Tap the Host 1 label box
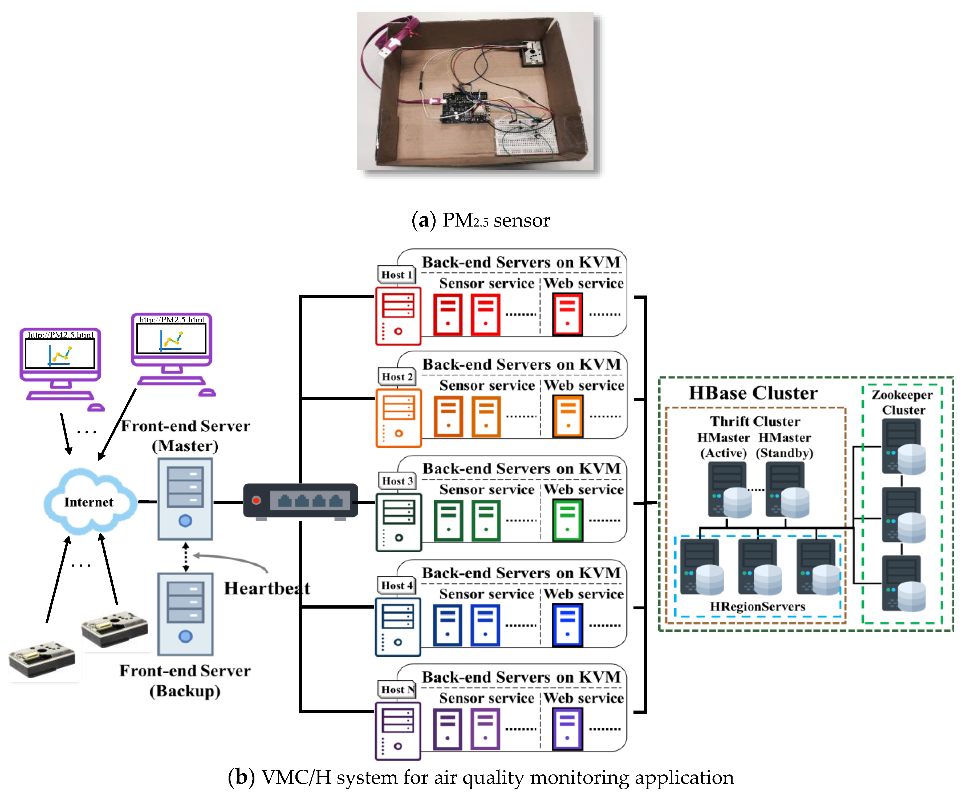point(396,275)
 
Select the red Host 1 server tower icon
point(398,315)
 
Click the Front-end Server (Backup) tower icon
point(185,614)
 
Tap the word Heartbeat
point(266,588)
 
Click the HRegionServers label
point(757,606)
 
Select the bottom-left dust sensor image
point(42,659)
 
